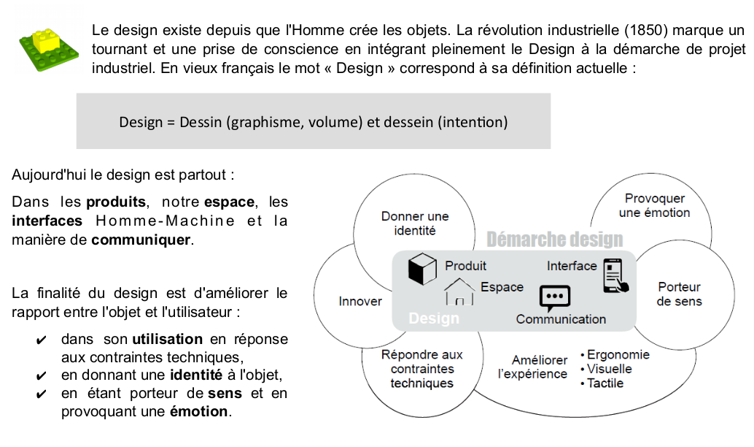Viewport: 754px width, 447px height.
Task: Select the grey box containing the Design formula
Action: tap(314, 121)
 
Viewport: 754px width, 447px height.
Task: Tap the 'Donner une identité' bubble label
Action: tap(415, 223)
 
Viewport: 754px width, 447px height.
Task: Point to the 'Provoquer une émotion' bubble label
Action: tap(654, 205)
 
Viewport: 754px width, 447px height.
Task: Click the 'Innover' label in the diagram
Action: tap(360, 301)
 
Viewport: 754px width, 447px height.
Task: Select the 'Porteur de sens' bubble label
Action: tap(679, 294)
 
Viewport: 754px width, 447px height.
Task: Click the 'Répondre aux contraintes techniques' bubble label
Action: tap(421, 369)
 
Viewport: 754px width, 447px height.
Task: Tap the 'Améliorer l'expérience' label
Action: tap(532, 367)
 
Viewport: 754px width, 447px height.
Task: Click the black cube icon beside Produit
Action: tap(421, 269)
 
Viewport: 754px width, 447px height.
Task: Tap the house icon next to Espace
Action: tap(459, 291)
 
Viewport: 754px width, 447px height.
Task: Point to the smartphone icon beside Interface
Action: tap(614, 275)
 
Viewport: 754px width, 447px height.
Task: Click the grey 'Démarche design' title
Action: tap(554, 239)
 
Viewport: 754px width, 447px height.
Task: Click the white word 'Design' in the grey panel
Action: tap(434, 318)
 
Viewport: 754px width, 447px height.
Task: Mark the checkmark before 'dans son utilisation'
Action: tap(42, 340)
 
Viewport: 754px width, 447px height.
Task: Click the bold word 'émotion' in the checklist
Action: tap(199, 411)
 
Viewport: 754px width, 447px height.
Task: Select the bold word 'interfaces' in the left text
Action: tap(47, 221)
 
